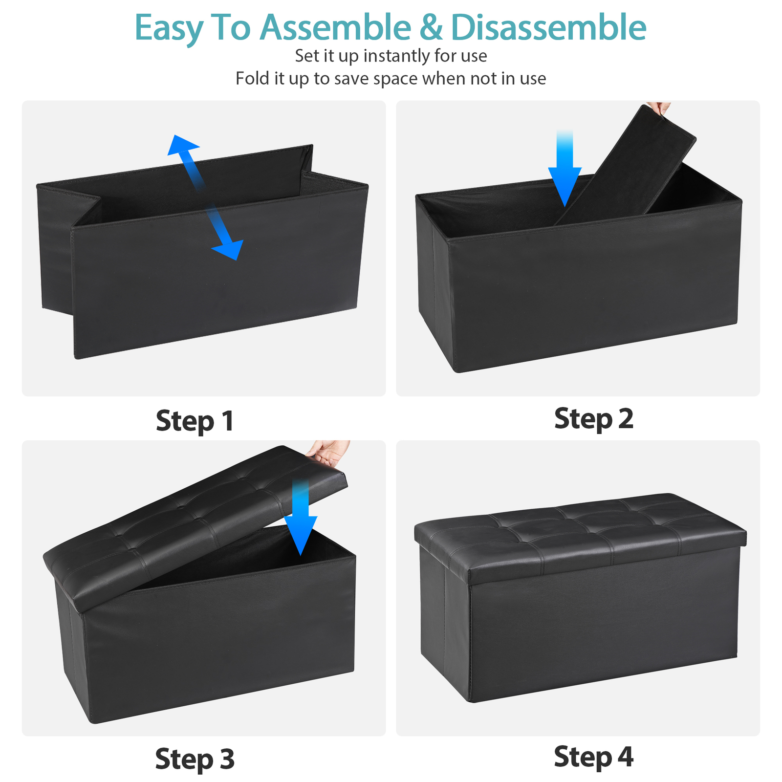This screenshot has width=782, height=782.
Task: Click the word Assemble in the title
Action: point(335,28)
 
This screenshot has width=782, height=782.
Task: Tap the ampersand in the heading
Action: point(431,28)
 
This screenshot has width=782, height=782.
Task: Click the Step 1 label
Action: point(195,421)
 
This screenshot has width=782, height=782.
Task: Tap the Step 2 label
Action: point(593,419)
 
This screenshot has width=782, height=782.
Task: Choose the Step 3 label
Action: point(195,759)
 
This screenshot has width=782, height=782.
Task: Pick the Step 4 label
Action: point(593,757)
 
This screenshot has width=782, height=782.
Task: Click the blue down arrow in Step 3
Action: point(300,518)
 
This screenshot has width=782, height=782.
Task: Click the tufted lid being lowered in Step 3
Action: point(195,523)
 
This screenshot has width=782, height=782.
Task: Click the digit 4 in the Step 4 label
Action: point(625,757)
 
